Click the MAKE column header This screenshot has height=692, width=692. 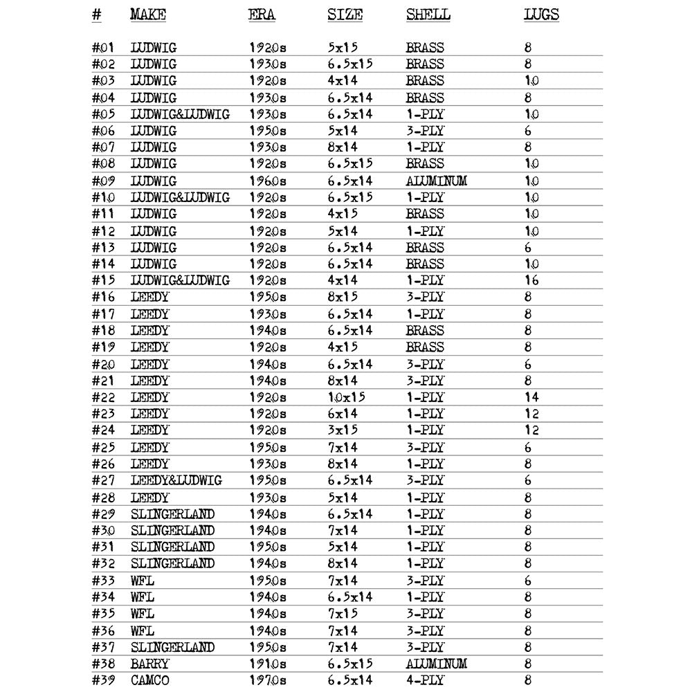pos(148,15)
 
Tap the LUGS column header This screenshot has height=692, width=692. pos(541,15)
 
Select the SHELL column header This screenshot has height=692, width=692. pos(428,15)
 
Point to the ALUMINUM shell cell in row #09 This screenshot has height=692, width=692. pos(436,181)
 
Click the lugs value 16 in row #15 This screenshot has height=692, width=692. pos(531,280)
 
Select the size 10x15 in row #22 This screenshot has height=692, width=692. pos(346,397)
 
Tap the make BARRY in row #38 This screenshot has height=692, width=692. pos(149,664)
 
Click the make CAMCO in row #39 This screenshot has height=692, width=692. pos(149,680)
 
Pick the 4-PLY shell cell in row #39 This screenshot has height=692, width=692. pos(425,680)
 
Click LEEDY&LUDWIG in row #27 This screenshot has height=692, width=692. pos(176,480)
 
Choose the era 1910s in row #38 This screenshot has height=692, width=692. pos(267,664)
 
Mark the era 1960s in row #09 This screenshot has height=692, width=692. pos(267,181)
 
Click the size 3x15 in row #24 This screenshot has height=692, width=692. pos(343,430)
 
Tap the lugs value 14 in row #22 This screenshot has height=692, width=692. pos(531,397)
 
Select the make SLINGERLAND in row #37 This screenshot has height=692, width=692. pos(172,647)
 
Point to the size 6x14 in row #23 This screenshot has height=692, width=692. pos(343,414)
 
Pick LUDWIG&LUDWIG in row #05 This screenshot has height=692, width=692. pos(180,114)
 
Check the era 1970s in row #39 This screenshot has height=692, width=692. pos(267,680)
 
